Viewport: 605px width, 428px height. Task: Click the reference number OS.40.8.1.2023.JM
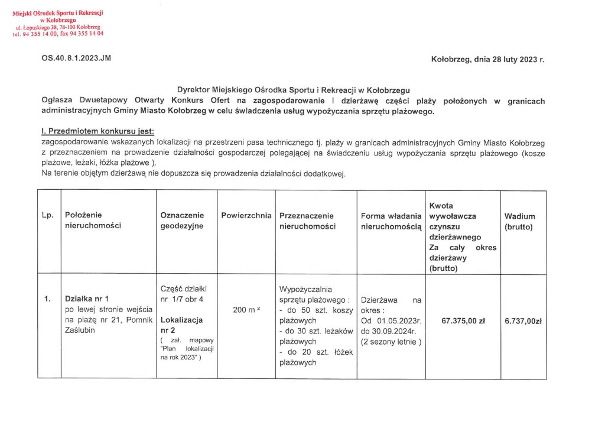click(x=76, y=59)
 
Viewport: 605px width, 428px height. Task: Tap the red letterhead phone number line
click(x=58, y=34)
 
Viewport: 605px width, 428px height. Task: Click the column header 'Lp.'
click(x=48, y=216)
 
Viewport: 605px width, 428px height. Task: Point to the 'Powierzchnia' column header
click(x=246, y=216)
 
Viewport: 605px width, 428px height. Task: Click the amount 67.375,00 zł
click(x=463, y=321)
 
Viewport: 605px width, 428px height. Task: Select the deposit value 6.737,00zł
click(x=523, y=321)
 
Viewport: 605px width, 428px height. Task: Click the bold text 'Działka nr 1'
click(x=87, y=299)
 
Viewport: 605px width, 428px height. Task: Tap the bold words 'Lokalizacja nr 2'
click(x=181, y=325)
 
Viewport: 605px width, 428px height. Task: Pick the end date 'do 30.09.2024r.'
click(x=390, y=331)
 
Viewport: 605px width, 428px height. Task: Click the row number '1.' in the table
click(x=47, y=299)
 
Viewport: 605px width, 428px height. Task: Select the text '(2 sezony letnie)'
click(x=391, y=342)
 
